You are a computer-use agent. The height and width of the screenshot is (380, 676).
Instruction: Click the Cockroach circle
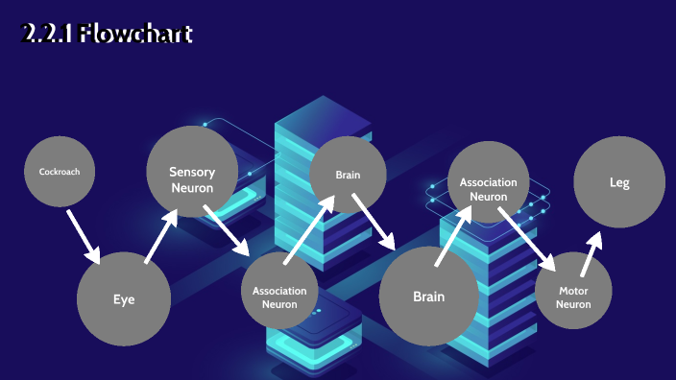(60, 172)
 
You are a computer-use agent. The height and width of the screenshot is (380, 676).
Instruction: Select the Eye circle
(124, 298)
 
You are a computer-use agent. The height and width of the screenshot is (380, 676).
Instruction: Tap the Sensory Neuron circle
(192, 172)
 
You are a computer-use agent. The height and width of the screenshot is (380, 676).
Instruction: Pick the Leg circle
(619, 182)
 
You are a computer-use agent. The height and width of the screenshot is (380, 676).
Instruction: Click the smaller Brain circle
(348, 175)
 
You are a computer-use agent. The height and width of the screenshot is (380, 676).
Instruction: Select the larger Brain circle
(428, 296)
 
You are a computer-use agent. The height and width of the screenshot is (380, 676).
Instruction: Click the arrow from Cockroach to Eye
(84, 236)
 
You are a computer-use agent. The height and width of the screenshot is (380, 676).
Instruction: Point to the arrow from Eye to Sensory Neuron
(160, 236)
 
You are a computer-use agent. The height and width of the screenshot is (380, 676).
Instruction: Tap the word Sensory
(192, 172)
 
